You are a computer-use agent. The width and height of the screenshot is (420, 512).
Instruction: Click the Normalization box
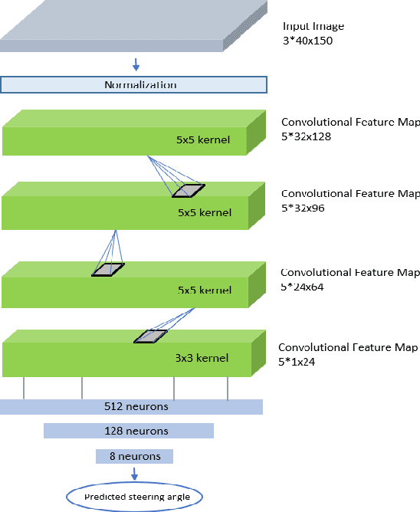tap(134, 84)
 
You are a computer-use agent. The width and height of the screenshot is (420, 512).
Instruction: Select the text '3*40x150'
tap(309, 40)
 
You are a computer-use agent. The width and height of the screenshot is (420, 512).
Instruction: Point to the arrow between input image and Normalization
tap(136, 64)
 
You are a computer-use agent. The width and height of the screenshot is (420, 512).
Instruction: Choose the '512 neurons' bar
tap(132, 406)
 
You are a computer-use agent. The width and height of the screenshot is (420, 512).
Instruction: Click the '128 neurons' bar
tap(128, 431)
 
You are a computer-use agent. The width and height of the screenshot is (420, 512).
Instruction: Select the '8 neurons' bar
tap(134, 456)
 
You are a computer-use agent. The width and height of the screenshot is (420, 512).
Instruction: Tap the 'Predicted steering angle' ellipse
tap(135, 497)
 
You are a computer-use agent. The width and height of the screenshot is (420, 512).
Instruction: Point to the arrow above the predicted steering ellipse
tap(136, 473)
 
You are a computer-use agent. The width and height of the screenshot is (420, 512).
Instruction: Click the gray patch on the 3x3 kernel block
tap(149, 336)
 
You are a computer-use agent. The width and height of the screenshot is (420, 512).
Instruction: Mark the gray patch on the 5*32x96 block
tap(189, 190)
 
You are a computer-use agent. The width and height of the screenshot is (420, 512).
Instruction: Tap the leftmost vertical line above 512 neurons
tap(24, 387)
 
